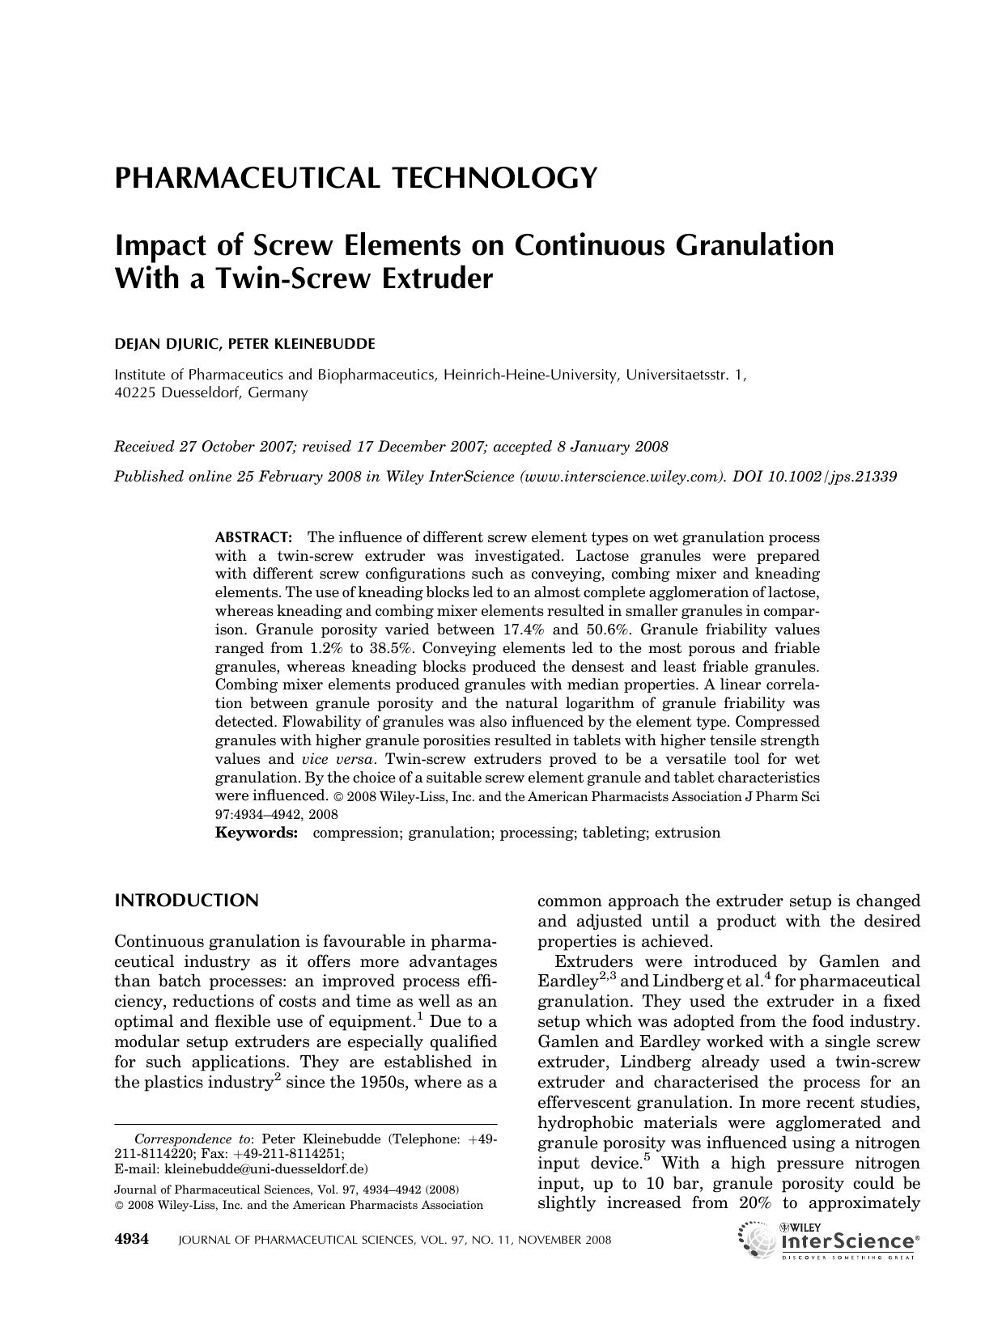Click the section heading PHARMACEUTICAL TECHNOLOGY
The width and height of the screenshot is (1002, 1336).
point(356,177)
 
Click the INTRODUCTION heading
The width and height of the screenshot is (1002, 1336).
point(186,901)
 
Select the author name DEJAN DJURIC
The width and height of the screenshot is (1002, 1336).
point(167,344)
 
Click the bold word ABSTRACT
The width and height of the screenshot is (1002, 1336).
point(253,537)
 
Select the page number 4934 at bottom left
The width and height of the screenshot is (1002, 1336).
point(132,1240)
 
